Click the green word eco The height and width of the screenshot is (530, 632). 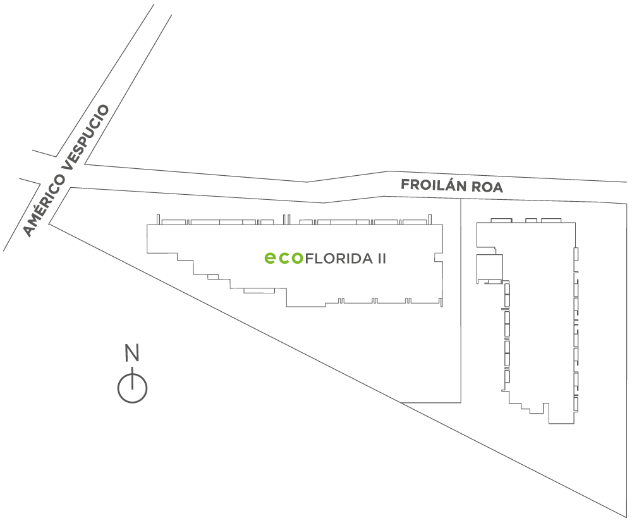point(283,258)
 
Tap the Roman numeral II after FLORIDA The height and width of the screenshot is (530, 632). point(382,259)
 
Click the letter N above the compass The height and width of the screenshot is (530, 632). point(132,352)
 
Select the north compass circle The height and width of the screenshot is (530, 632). point(132,388)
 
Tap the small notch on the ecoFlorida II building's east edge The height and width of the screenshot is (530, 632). point(438,258)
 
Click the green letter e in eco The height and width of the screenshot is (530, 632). point(270,258)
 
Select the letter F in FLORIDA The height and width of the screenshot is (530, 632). point(310,259)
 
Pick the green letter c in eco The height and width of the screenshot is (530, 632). point(283,259)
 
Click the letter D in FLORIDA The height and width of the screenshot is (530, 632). point(358,259)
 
